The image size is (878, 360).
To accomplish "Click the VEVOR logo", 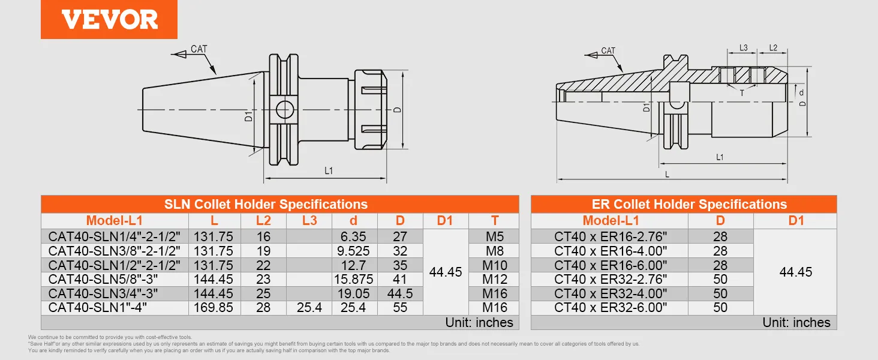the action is (x=109, y=20).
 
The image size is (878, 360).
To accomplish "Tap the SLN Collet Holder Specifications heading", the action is (x=266, y=205).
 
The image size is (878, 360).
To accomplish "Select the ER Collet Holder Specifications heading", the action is (x=689, y=205).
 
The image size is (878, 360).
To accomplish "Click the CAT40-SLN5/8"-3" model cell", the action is (x=103, y=279).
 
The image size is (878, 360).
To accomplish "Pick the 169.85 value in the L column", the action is (x=214, y=307).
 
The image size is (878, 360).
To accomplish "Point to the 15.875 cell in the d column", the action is (x=354, y=279).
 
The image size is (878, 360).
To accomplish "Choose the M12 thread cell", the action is (x=495, y=279).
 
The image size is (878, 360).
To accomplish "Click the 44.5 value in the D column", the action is (x=400, y=293).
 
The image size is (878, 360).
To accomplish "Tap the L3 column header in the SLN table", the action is (x=309, y=220).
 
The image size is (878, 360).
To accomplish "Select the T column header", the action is (x=495, y=220).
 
